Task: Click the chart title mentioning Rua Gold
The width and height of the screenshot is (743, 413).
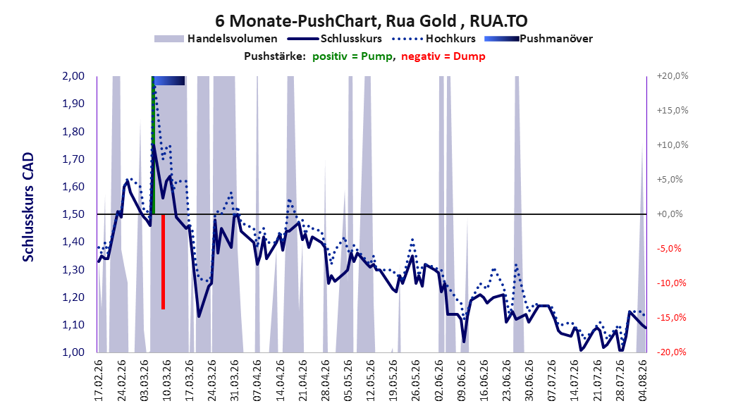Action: pos(371,21)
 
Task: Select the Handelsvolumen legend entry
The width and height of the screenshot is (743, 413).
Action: pos(216,39)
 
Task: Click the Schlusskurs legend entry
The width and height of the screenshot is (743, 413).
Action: pos(335,39)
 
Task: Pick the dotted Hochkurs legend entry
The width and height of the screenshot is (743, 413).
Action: pos(434,39)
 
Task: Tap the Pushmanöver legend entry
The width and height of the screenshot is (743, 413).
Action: pos(539,39)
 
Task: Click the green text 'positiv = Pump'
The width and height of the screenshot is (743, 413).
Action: pos(352,56)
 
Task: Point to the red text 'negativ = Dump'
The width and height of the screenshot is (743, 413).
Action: pos(443,56)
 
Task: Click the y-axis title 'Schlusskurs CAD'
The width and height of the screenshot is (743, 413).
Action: pos(28,207)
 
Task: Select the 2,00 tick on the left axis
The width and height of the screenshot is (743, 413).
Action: pos(73,76)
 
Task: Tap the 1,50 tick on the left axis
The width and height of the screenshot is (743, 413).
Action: pos(73,214)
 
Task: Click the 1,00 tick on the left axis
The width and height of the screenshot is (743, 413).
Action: pos(73,352)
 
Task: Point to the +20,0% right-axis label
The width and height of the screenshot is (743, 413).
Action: pos(673,76)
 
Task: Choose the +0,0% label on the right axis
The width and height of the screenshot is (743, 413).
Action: pos(670,214)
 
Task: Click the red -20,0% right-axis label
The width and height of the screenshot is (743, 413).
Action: pos(671,352)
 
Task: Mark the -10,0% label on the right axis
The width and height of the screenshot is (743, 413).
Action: pos(671,283)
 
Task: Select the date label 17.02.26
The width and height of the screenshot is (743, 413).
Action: pos(99,381)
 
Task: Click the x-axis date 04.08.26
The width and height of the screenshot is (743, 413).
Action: pos(643,381)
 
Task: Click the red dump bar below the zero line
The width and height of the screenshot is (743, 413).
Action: pos(163,262)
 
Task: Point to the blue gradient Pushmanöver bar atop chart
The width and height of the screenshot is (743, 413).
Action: pos(169,80)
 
